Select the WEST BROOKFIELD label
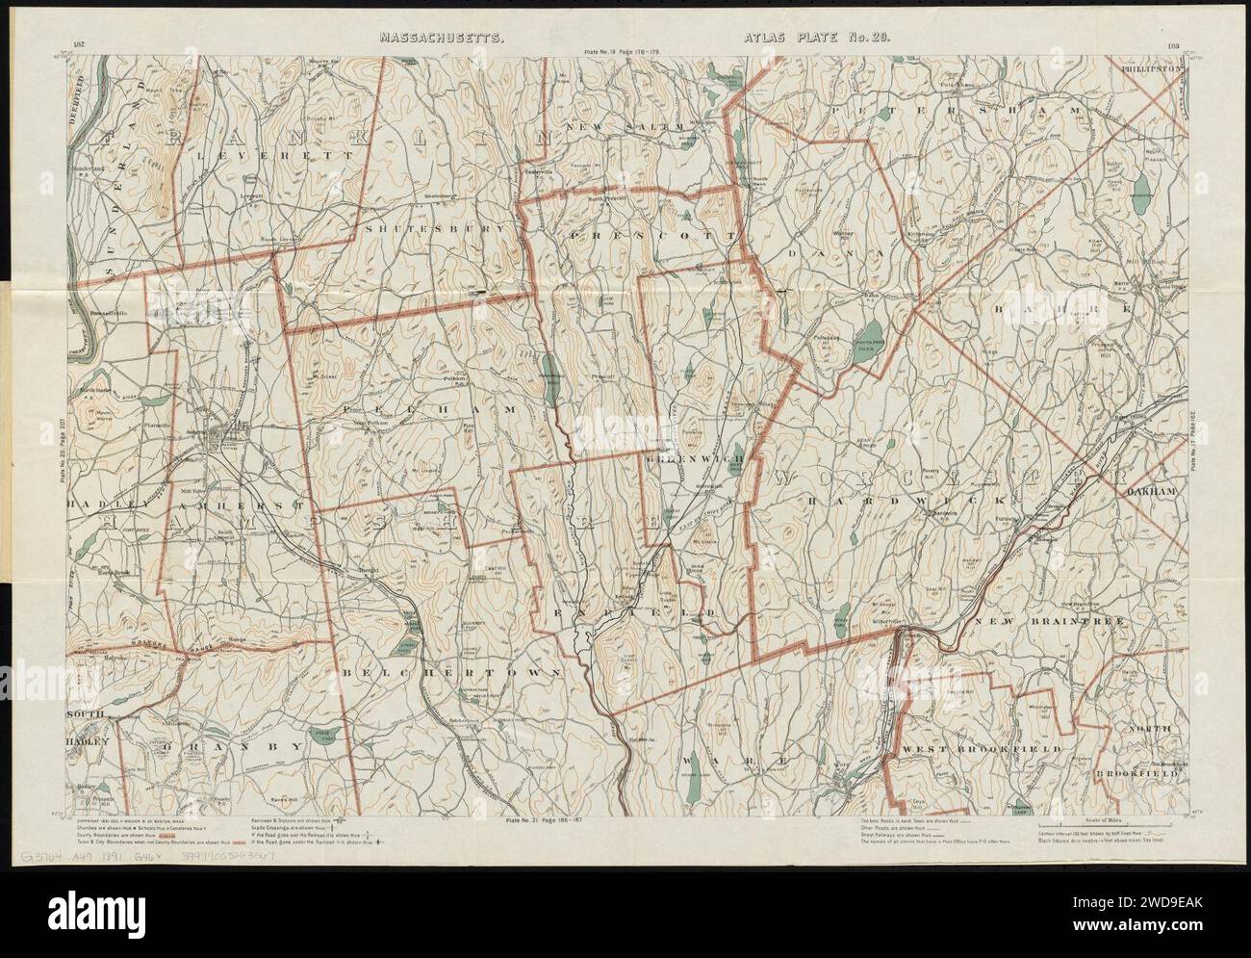point(982,748)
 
